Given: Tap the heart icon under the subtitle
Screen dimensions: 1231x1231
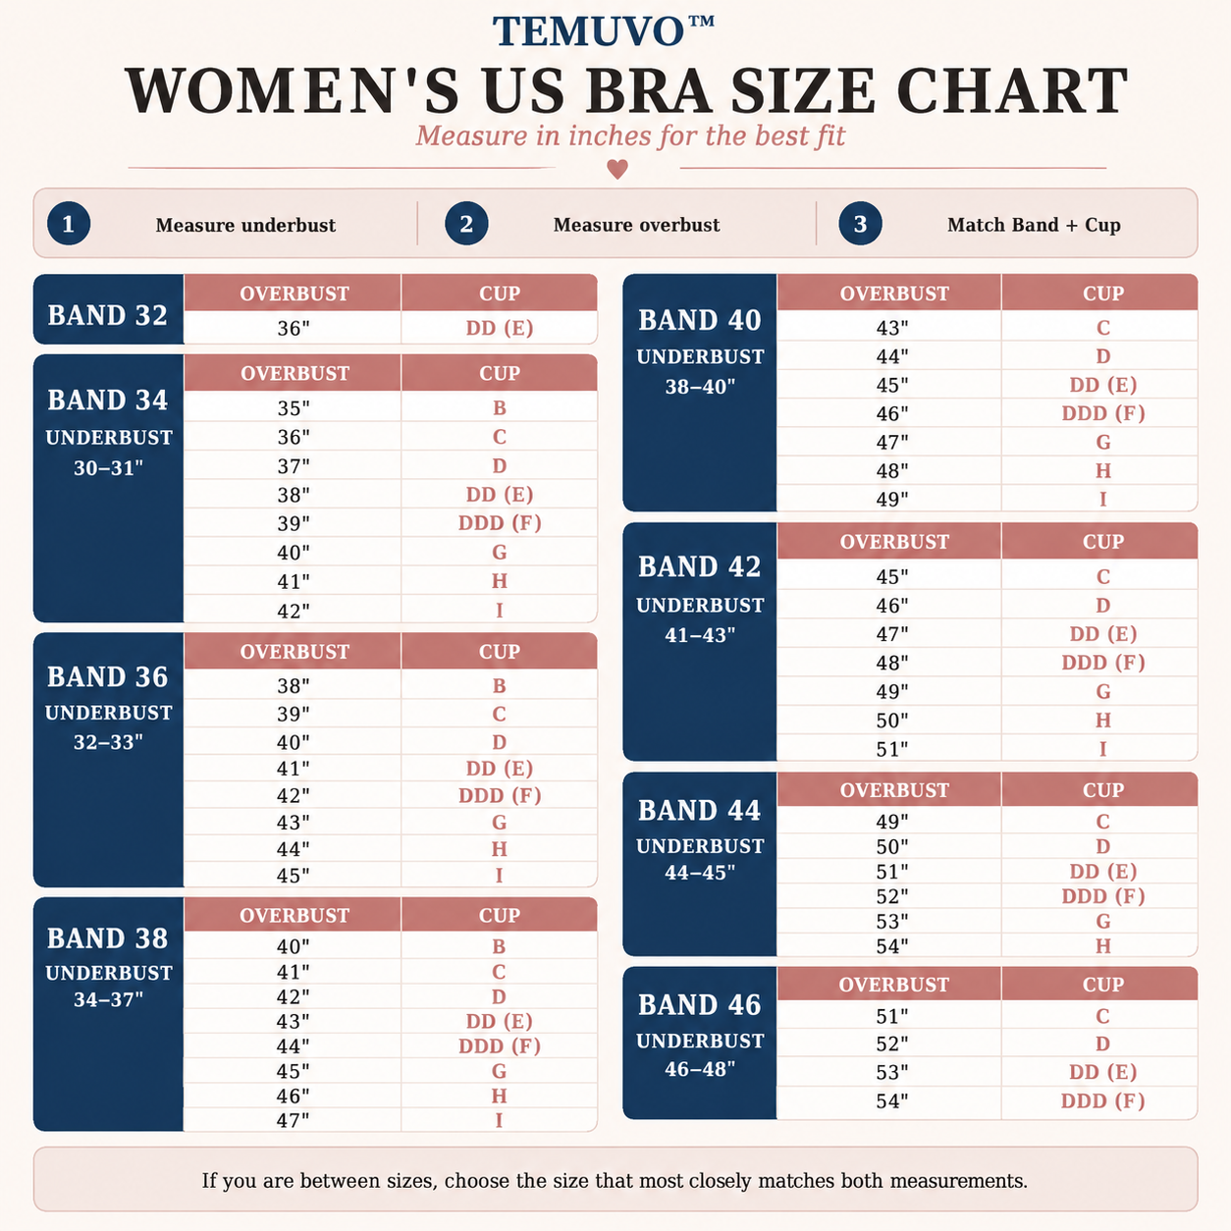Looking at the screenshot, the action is click(617, 169).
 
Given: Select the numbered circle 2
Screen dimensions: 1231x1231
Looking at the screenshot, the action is click(466, 224).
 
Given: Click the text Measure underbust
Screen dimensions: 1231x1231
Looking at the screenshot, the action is click(245, 225).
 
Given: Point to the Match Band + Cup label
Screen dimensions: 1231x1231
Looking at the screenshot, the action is click(1034, 225).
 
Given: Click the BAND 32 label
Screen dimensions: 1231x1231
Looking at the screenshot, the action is click(107, 315).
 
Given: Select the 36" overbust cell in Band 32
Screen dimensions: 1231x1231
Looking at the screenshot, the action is click(294, 328).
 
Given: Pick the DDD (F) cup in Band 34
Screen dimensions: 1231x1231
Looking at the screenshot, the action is click(500, 523).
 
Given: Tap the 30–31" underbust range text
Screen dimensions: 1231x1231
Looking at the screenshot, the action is click(108, 468).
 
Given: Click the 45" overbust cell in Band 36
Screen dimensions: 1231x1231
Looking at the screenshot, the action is click(294, 876).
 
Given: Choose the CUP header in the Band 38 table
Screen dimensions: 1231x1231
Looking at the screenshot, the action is click(500, 916).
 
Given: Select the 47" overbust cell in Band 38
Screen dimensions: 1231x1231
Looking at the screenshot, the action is click(294, 1120).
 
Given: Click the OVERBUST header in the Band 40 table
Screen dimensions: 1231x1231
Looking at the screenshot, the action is click(894, 294).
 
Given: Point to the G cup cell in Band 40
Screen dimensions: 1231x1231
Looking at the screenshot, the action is click(1103, 442).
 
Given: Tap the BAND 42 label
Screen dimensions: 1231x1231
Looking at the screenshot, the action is click(700, 566).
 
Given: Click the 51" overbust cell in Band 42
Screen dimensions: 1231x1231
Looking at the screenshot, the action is click(892, 749).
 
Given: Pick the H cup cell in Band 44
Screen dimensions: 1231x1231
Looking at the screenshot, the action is click(1103, 946).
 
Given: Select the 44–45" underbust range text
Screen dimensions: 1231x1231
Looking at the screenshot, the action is click(700, 873).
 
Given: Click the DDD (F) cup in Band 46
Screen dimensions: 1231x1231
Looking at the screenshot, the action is click(1103, 1100).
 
